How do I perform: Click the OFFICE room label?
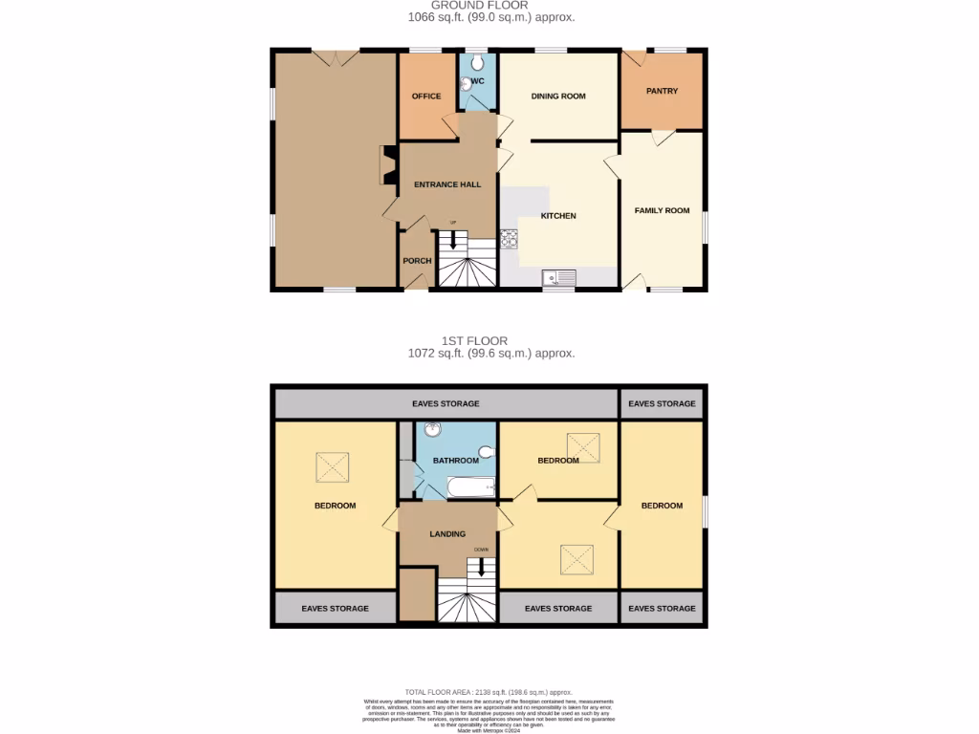coord(426,97)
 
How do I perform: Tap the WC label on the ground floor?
coord(478,81)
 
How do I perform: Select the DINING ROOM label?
coord(558,97)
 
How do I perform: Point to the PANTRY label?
coord(662,92)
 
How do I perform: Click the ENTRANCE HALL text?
coord(446,184)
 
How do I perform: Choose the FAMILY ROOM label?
coord(662,210)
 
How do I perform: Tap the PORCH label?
coord(417,261)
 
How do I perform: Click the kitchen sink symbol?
coord(559,278)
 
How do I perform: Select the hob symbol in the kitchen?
coord(509,238)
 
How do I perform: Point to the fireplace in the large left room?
coord(388,164)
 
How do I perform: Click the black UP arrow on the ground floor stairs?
coord(453,238)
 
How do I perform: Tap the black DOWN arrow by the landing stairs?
coord(482,566)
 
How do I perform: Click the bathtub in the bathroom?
coord(471,487)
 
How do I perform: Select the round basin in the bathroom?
coord(432,430)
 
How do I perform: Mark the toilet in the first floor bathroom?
coord(486,451)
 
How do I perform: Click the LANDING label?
coord(447,534)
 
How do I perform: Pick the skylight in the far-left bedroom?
coord(333,467)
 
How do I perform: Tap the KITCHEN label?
coord(558,216)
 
